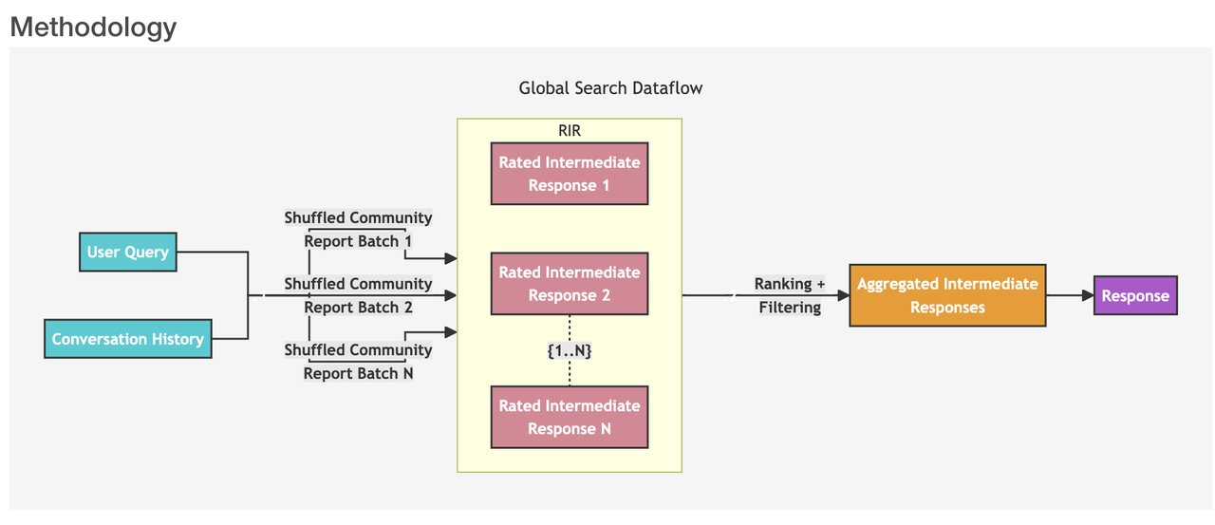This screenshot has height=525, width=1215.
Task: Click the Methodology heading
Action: click(93, 27)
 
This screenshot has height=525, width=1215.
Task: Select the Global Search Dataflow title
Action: click(610, 88)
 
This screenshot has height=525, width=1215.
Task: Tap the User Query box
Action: click(128, 253)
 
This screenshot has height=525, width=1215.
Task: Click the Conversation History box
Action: click(128, 339)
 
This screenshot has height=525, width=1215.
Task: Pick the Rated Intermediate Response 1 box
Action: click(570, 174)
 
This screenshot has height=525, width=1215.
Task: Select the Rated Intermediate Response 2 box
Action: click(570, 284)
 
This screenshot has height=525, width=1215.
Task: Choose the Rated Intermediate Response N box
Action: click(570, 417)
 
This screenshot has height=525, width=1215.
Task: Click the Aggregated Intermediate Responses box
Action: click(947, 295)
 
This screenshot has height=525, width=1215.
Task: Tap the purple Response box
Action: click(1135, 295)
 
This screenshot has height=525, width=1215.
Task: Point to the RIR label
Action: click(570, 131)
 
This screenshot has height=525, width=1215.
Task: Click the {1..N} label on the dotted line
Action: click(570, 351)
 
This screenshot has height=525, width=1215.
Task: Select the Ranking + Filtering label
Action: click(790, 295)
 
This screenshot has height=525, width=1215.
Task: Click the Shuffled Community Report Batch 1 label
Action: click(358, 230)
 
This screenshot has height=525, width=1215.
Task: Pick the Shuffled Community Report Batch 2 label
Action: click(358, 295)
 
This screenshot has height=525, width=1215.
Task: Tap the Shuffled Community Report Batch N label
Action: click(358, 362)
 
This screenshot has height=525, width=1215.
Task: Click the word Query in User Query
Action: click(146, 253)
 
